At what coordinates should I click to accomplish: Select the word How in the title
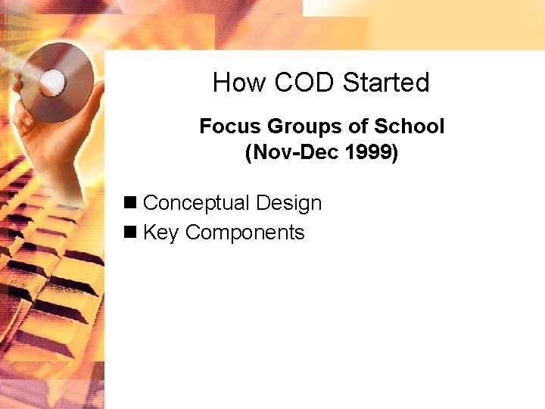click(x=231, y=83)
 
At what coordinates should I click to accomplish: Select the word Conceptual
click(x=196, y=203)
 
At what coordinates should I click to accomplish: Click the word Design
click(x=288, y=203)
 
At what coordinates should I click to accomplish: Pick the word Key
click(x=160, y=233)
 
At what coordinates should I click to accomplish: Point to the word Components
click(x=244, y=233)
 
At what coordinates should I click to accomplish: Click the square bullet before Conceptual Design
click(x=131, y=203)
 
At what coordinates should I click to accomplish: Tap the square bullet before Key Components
click(x=131, y=233)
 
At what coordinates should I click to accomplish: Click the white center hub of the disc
click(x=52, y=80)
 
